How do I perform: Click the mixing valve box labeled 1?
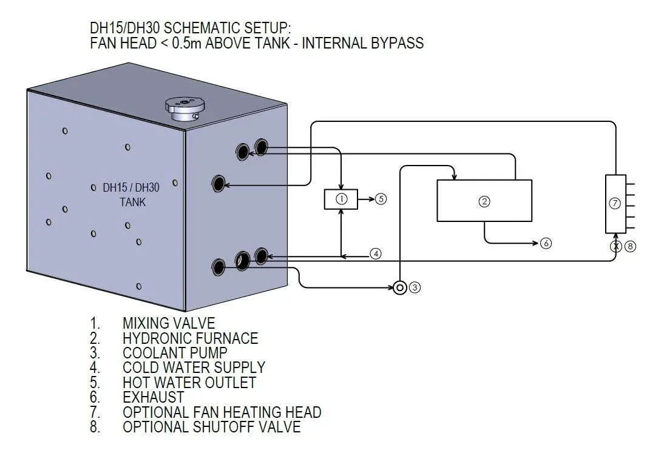(x=341, y=199)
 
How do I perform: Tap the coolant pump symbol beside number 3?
(x=399, y=287)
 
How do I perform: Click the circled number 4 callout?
(x=376, y=253)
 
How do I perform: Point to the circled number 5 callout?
(x=381, y=199)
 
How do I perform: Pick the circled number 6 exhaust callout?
(x=546, y=243)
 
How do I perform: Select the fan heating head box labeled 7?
(x=615, y=204)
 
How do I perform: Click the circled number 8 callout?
(x=630, y=247)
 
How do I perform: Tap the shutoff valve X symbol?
(x=615, y=247)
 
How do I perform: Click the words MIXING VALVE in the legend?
(x=169, y=323)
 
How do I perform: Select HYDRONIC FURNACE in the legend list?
(x=190, y=338)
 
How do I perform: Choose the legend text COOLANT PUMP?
(x=175, y=352)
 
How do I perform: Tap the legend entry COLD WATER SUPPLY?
(x=194, y=367)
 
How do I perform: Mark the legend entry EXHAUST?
(x=153, y=397)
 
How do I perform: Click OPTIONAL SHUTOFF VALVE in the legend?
(x=211, y=427)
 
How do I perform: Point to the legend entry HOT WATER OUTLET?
(x=189, y=383)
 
